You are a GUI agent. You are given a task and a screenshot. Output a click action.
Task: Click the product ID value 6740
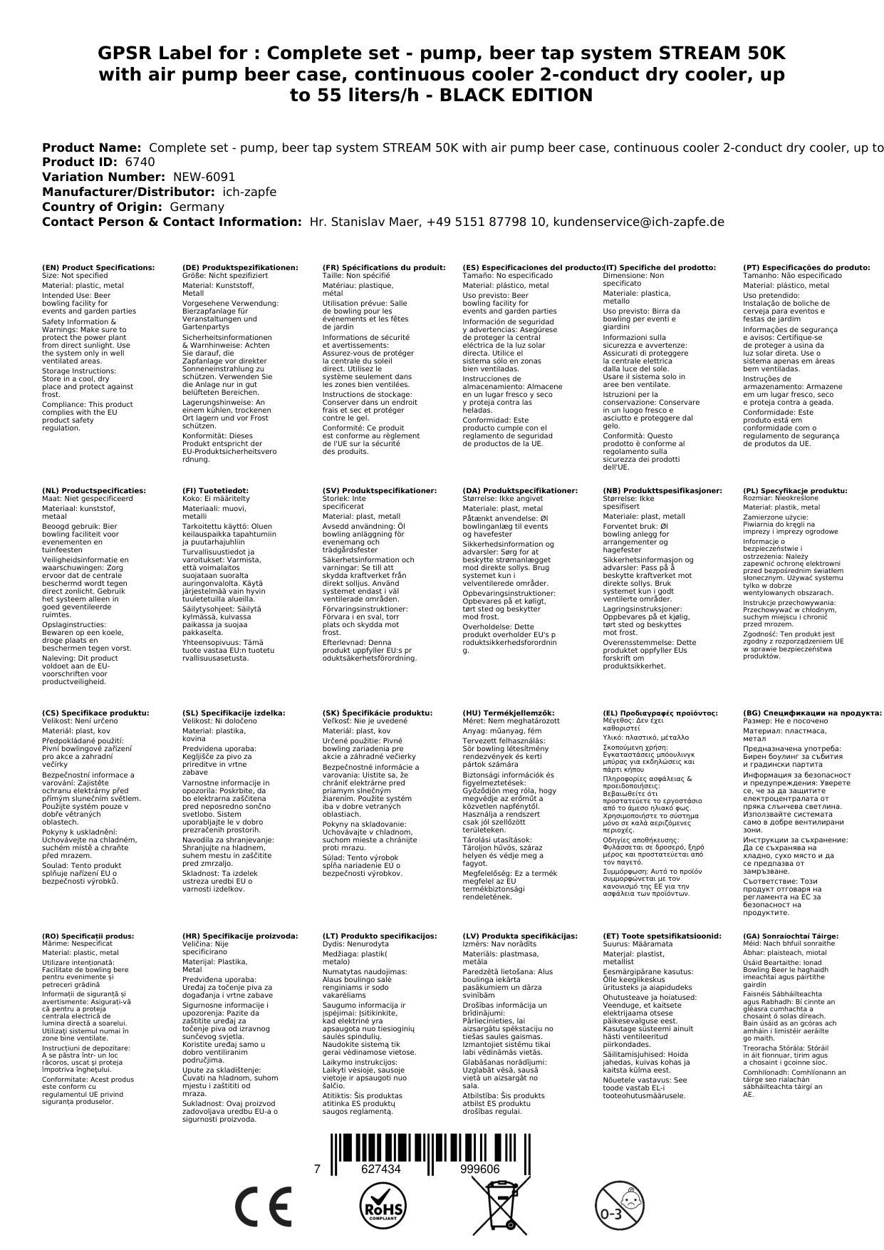(x=140, y=162)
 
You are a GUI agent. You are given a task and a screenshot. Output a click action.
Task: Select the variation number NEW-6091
(x=204, y=177)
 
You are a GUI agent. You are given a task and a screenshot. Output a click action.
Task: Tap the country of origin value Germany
(x=197, y=207)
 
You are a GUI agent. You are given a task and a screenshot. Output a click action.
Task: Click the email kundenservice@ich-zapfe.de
(x=639, y=222)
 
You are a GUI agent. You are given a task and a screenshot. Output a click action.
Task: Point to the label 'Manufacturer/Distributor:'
(x=128, y=192)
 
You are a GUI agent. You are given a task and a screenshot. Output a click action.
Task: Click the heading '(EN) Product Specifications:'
(x=98, y=267)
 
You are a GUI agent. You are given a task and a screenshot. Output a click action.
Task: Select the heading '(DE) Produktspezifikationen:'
(x=240, y=267)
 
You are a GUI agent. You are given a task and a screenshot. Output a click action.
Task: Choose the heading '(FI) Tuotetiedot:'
(x=216, y=490)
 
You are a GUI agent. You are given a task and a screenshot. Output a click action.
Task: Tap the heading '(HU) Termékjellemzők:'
(x=508, y=713)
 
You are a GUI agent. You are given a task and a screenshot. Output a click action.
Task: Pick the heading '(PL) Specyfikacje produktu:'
(x=795, y=490)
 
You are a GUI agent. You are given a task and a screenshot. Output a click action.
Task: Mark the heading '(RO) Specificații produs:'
(x=88, y=936)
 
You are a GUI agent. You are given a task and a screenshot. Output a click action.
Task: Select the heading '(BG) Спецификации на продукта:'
(x=812, y=713)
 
